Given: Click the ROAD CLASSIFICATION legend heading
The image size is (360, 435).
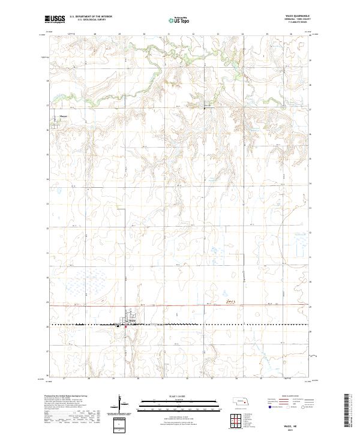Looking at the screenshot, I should (x=290, y=397).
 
